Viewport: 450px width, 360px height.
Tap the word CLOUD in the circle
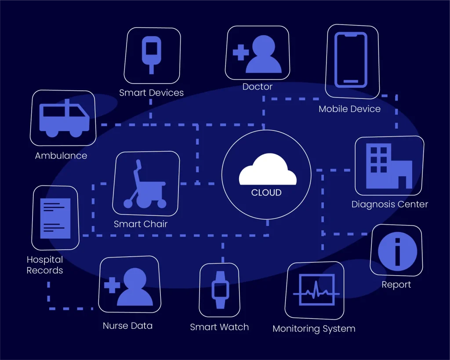pyautogui.click(x=266, y=193)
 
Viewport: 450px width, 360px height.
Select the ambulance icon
pyautogui.click(x=64, y=119)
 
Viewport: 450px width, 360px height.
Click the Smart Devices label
pyautogui.click(x=151, y=93)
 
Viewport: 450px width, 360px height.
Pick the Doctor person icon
pyautogui.click(x=263, y=54)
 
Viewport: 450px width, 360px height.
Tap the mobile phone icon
pyautogui.click(x=351, y=60)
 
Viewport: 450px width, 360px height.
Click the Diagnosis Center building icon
pyautogui.click(x=389, y=166)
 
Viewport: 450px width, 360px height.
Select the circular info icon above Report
pyautogui.click(x=397, y=252)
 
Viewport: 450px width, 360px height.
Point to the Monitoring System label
pyautogui.click(x=314, y=328)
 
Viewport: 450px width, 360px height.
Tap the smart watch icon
pyautogui.click(x=220, y=290)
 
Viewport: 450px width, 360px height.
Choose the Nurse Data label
pyautogui.click(x=127, y=326)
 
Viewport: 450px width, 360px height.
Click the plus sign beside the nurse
pyautogui.click(x=112, y=286)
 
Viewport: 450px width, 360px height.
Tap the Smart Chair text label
pyautogui.click(x=141, y=224)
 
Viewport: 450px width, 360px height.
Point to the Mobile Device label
pyautogui.click(x=349, y=109)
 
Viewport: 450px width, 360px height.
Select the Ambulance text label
pyautogui.click(x=61, y=156)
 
